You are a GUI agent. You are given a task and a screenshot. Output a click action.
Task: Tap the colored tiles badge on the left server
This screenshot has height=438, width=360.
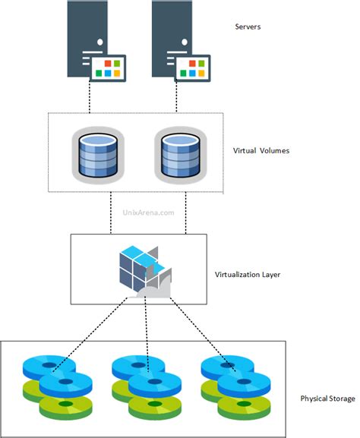click(111, 66)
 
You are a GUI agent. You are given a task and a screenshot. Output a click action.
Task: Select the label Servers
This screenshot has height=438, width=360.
click(249, 27)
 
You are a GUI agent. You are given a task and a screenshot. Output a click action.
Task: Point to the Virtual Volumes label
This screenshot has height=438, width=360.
click(261, 150)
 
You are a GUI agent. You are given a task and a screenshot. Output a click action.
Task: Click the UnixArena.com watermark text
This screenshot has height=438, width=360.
click(149, 213)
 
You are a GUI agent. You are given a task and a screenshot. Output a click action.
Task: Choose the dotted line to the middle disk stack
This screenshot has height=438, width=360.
click(144, 334)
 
